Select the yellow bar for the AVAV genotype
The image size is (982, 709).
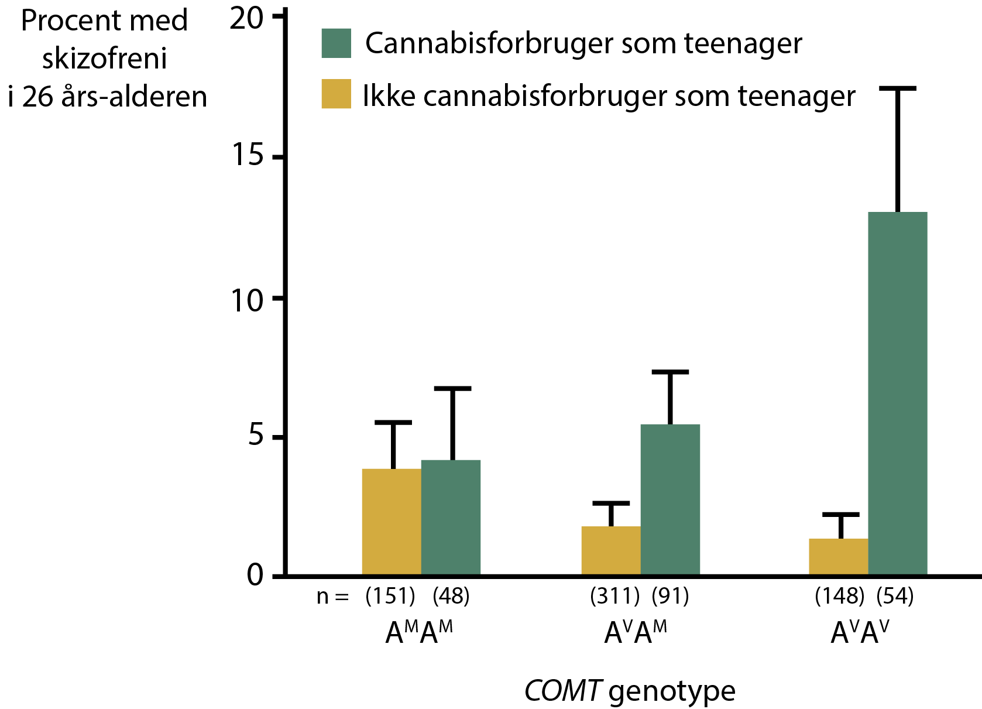838,557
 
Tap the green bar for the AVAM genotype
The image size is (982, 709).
670,499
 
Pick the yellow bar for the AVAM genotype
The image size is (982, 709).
611,550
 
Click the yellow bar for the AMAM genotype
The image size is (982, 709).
392,522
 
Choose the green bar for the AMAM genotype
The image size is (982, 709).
451,518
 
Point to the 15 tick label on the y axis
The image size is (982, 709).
248,156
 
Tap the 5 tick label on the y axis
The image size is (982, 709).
256,436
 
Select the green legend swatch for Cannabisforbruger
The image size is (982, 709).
337,43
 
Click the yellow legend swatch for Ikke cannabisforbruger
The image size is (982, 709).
337,94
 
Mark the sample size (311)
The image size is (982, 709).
614,596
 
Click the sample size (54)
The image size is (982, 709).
895,596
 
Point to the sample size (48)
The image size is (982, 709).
451,596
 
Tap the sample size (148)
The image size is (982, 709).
839,596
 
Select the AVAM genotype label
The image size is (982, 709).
636,632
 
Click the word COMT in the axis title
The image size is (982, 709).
562,691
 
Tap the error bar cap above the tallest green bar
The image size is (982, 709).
897,88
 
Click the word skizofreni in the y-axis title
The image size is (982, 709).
104,59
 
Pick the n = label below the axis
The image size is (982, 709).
332,597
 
